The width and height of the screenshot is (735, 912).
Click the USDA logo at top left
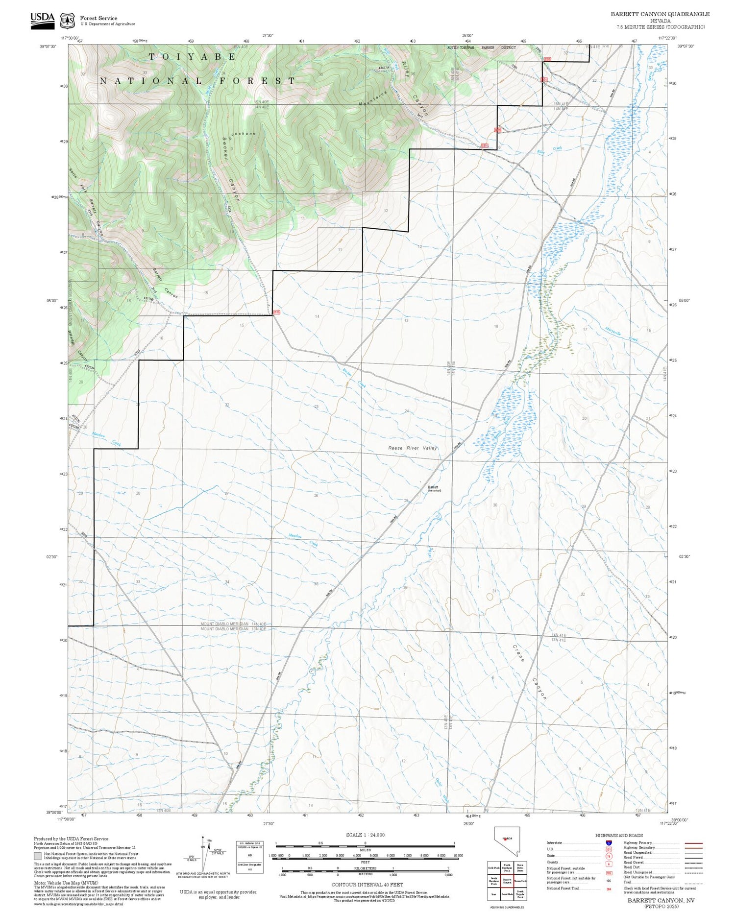[43, 20]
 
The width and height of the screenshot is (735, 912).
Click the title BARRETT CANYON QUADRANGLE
[660, 14]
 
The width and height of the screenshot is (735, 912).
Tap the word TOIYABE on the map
[192, 57]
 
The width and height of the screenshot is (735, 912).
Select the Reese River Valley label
[412, 448]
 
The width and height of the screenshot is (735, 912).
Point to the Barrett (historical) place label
[434, 488]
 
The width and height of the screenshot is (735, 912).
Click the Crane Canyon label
[529, 671]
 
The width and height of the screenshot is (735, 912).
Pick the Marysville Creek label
[621, 335]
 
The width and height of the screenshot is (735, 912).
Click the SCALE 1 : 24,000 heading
[365, 835]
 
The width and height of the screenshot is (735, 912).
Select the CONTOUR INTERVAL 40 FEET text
[367, 885]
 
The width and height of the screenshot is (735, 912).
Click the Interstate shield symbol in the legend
[608, 842]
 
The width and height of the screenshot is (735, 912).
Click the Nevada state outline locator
[507, 840]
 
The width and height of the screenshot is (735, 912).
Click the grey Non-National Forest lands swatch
[38, 856]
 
